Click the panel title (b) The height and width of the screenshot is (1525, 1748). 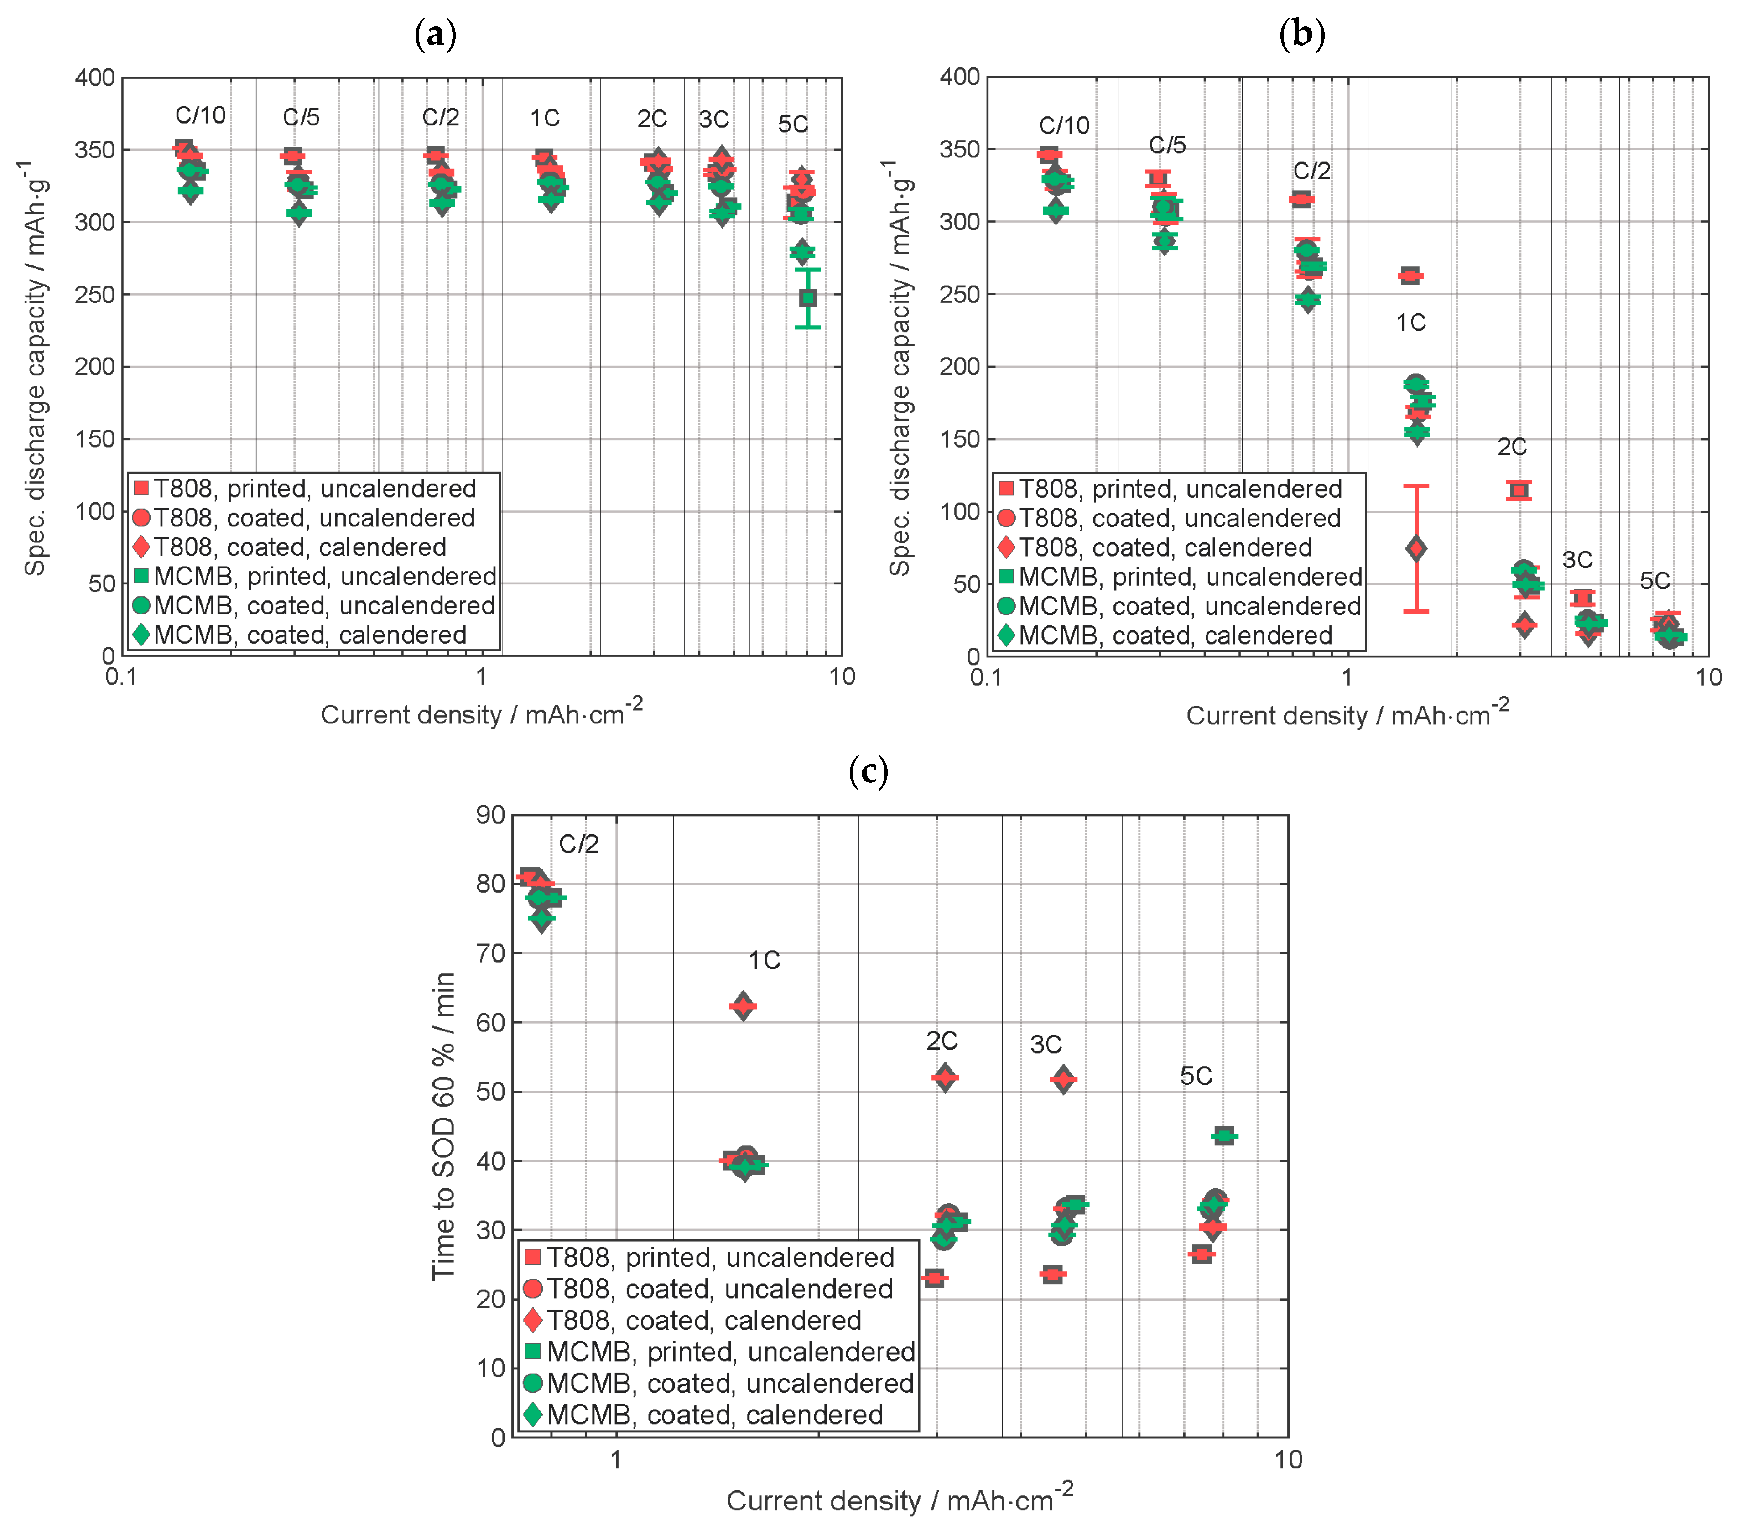[x=1301, y=35]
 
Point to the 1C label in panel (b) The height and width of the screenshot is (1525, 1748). [x=1410, y=323]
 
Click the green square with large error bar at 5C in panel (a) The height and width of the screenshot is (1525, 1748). [x=807, y=298]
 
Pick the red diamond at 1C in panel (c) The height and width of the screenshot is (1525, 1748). [x=743, y=1007]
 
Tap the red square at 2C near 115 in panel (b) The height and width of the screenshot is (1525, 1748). [x=1518, y=490]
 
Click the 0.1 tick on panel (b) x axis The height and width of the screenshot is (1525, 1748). [x=985, y=677]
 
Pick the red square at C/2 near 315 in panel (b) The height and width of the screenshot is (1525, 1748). [x=1301, y=199]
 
